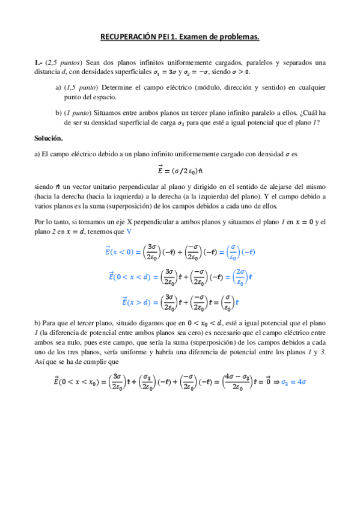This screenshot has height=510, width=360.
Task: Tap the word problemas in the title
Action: (239, 37)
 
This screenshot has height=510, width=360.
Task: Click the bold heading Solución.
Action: (49, 138)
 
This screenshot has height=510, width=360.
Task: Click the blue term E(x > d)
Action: (136, 301)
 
